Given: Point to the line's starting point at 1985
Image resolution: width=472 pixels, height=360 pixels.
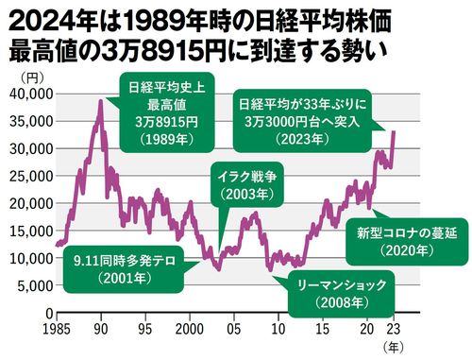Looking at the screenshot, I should tap(57, 245).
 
